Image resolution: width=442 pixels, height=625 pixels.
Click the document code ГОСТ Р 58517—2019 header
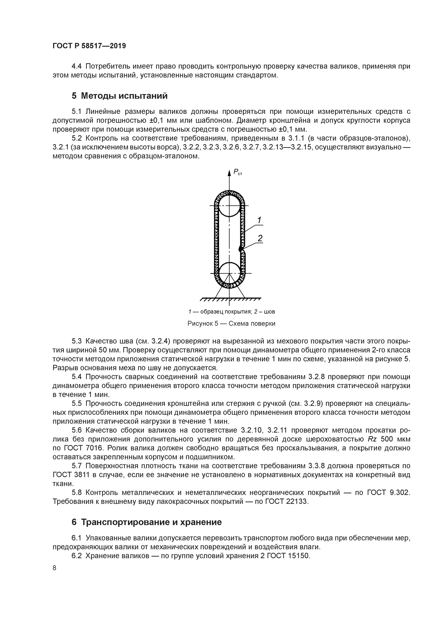pyautogui.click(x=89, y=46)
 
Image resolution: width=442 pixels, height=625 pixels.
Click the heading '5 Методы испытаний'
pyautogui.click(x=119, y=96)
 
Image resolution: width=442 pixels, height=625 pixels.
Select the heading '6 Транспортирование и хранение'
pyautogui.click(x=147, y=522)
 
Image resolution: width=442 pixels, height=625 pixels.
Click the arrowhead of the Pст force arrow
pyautogui.click(x=229, y=172)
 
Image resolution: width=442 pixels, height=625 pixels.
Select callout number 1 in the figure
pyautogui.click(x=259, y=220)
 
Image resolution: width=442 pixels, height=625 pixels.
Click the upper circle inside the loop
pyautogui.click(x=229, y=206)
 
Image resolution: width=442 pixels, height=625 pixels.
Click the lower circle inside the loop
pyautogui.click(x=229, y=273)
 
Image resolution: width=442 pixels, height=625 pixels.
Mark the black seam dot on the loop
pyautogui.click(x=240, y=249)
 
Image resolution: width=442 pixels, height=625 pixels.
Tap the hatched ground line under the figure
pyautogui.click(x=230, y=300)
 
